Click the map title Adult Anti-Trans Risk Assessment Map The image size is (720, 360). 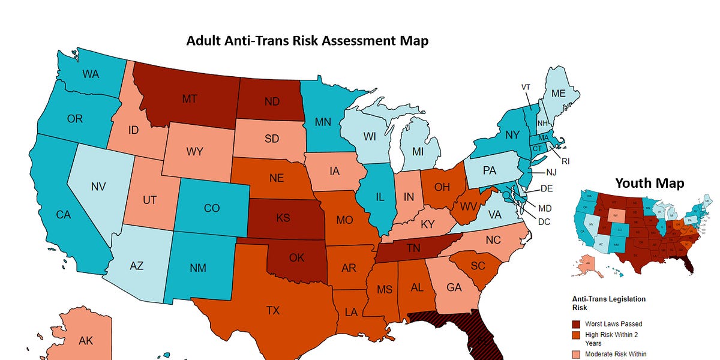click(307, 41)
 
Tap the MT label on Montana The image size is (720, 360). click(190, 99)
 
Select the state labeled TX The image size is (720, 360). click(273, 310)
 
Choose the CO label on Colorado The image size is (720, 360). click(212, 208)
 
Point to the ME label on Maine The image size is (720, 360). click(558, 94)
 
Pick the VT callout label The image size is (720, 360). click(526, 87)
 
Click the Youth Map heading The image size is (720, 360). click(649, 182)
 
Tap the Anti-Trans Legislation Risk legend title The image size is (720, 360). click(608, 303)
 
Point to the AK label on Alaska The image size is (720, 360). click(86, 340)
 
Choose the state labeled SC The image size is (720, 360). click(478, 266)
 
